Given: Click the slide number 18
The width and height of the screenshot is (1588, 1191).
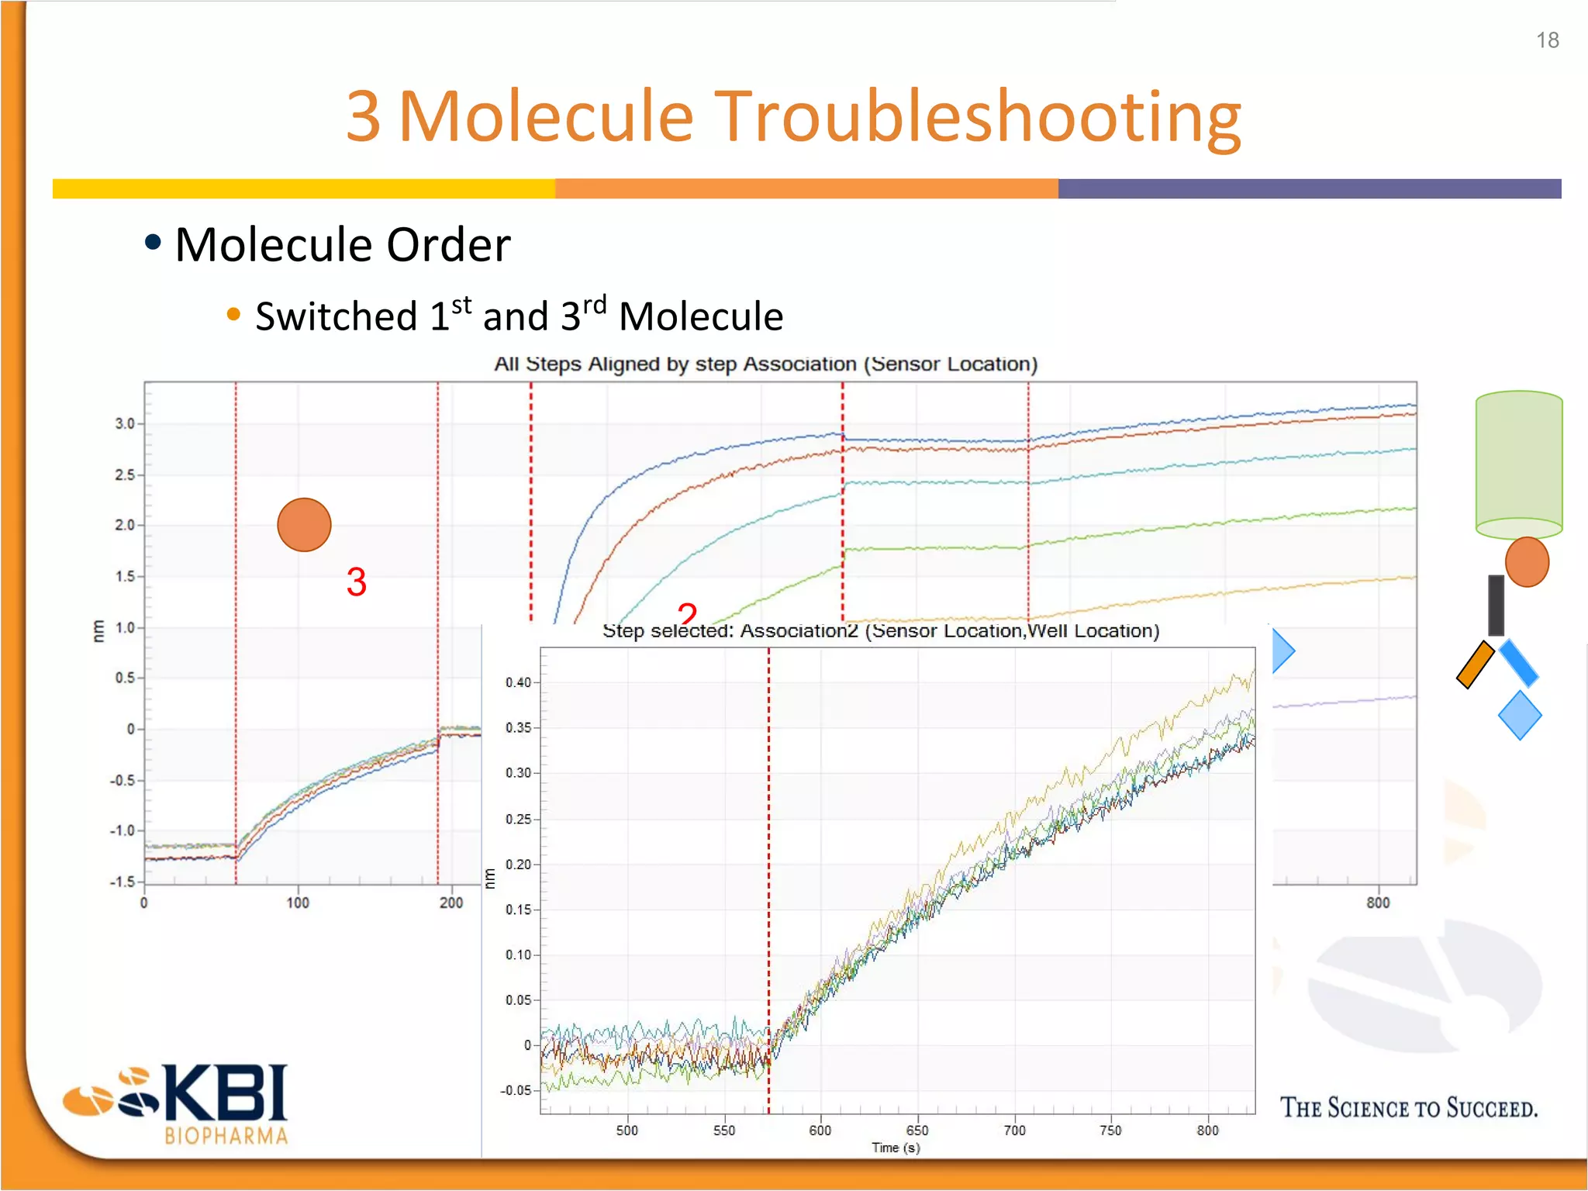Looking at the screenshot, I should (1547, 40).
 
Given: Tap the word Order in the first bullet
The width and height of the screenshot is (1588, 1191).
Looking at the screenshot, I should (448, 245).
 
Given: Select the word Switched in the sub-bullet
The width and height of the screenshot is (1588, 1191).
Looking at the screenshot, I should (337, 316).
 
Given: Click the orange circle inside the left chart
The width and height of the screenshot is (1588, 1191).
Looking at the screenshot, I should (304, 525).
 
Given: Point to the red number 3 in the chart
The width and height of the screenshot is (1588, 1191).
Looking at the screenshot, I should (356, 582).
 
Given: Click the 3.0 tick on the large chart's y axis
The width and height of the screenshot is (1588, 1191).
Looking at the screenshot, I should (124, 423).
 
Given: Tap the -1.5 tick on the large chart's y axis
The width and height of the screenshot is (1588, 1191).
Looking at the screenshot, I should (123, 882).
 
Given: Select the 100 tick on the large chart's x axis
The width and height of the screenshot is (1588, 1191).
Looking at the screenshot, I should (298, 903).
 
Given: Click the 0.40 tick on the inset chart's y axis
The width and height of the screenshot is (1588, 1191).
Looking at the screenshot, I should (518, 682).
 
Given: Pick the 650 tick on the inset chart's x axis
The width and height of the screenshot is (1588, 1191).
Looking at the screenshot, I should (917, 1131).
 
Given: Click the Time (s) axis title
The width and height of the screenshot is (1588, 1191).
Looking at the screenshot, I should (896, 1148).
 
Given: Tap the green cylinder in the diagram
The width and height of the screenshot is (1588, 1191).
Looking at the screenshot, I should (1518, 464).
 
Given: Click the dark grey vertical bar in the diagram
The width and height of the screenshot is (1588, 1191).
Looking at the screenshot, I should (1496, 605).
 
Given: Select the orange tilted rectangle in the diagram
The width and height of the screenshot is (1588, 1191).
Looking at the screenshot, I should (1475, 665).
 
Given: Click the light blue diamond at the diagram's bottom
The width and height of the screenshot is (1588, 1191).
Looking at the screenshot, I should (1519, 715).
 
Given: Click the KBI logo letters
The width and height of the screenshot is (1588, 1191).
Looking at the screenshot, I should (225, 1093).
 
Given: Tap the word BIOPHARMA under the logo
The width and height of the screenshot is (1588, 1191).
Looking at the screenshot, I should (226, 1137).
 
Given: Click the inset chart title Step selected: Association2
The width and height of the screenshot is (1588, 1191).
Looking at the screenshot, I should (880, 631).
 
